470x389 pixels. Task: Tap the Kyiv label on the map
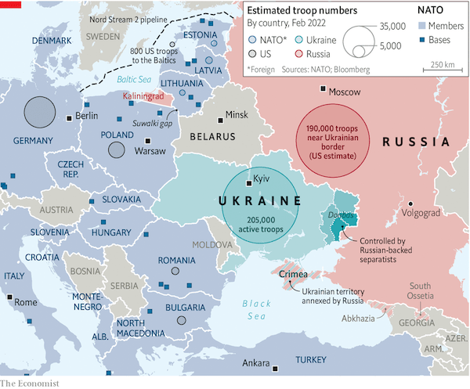pos(263,181)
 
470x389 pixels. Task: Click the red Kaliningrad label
pos(144,96)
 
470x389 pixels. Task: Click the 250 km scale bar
pos(443,71)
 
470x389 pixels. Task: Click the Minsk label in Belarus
pos(236,115)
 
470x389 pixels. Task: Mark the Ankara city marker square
pos(275,365)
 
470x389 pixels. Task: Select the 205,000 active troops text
pos(259,224)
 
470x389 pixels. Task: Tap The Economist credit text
pos(30,382)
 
